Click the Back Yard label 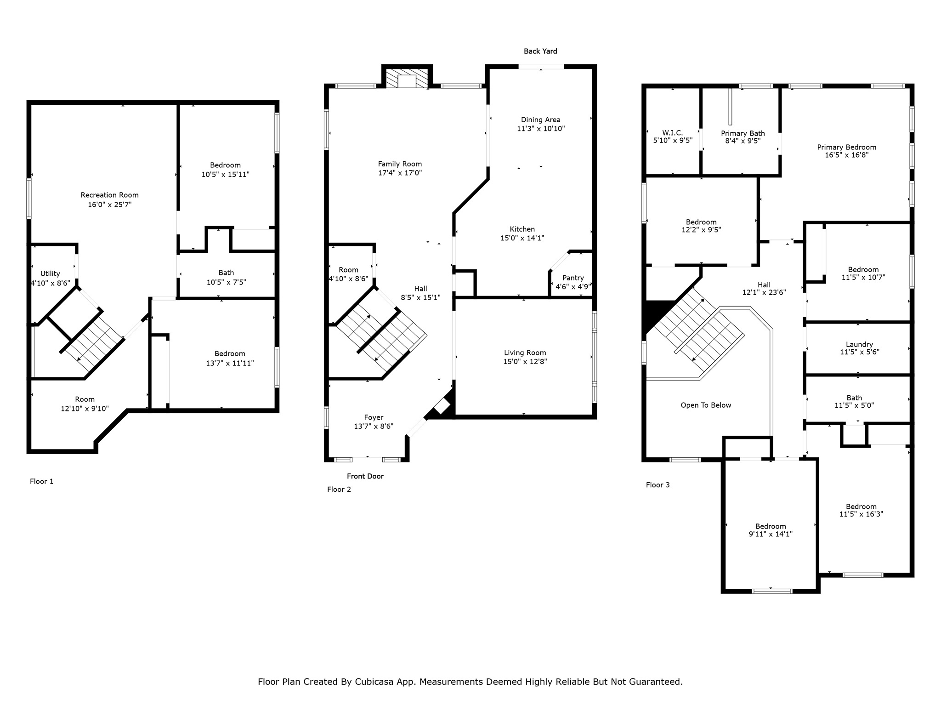(x=540, y=51)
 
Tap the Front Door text (x=365, y=476)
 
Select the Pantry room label (x=573, y=278)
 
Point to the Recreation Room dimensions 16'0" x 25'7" (x=109, y=205)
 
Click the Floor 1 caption (x=41, y=481)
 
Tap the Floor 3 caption (x=658, y=485)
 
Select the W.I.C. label (x=672, y=133)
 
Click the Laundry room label (x=859, y=344)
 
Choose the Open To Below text (x=705, y=405)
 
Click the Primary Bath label (x=743, y=133)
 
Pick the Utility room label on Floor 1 (x=50, y=273)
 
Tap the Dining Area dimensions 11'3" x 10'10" (x=540, y=129)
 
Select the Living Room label (x=525, y=353)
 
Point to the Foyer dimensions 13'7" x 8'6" (x=373, y=427)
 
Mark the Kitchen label (x=522, y=229)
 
